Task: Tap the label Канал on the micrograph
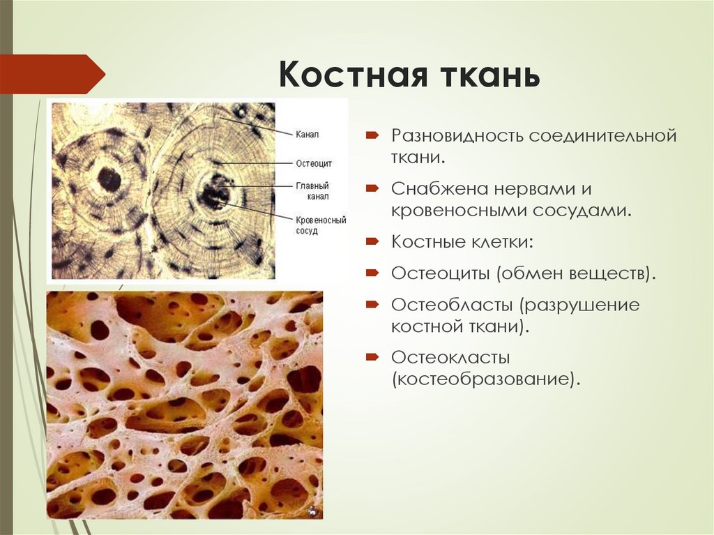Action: (306, 134)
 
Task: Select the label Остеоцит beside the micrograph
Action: (313, 163)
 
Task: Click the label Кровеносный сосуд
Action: (320, 225)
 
